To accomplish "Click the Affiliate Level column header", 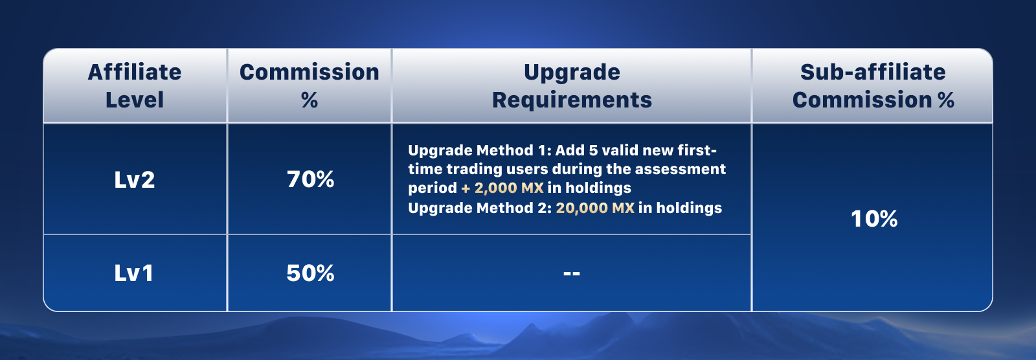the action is [135, 86].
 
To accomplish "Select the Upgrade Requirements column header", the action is [572, 86].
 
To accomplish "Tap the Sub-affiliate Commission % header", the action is [873, 86].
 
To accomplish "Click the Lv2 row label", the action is [135, 179].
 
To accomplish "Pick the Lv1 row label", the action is [133, 273].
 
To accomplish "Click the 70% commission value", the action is [310, 179].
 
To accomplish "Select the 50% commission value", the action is [310, 273].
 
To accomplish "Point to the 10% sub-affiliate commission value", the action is [874, 219].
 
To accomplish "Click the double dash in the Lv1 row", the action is [572, 273].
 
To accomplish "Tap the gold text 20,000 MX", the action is [595, 208].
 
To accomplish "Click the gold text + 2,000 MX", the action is [502, 188].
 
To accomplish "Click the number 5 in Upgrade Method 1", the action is [593, 150].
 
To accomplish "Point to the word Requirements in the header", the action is [572, 100].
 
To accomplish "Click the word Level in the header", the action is [135, 100].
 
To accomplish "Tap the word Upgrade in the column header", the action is [572, 73].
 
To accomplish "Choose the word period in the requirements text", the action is [433, 188].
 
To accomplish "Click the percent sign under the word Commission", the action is [310, 100].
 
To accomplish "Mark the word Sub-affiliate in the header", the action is [873, 72].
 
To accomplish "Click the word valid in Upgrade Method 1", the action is [620, 150].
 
